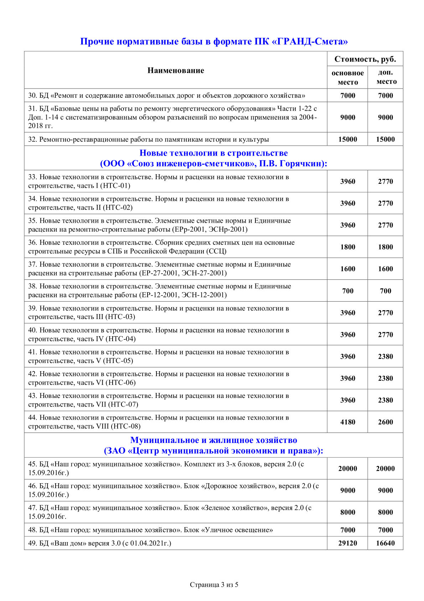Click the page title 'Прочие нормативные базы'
click(214, 41)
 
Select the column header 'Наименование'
click(176, 70)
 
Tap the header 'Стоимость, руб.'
click(365, 59)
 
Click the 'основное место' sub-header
click(347, 77)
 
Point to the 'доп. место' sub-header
click(386, 77)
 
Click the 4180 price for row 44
click(347, 422)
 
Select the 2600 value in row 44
click(386, 422)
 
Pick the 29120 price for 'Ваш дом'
click(347, 543)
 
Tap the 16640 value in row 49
click(386, 543)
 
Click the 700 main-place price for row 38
click(347, 291)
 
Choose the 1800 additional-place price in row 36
click(386, 247)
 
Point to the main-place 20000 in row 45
click(347, 468)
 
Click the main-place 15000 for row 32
click(347, 139)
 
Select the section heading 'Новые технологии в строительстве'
click(213, 153)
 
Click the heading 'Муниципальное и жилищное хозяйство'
click(213, 440)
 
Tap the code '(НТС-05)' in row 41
click(118, 361)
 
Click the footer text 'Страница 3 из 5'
click(214, 585)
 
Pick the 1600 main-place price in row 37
click(347, 269)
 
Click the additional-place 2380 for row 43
click(386, 400)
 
